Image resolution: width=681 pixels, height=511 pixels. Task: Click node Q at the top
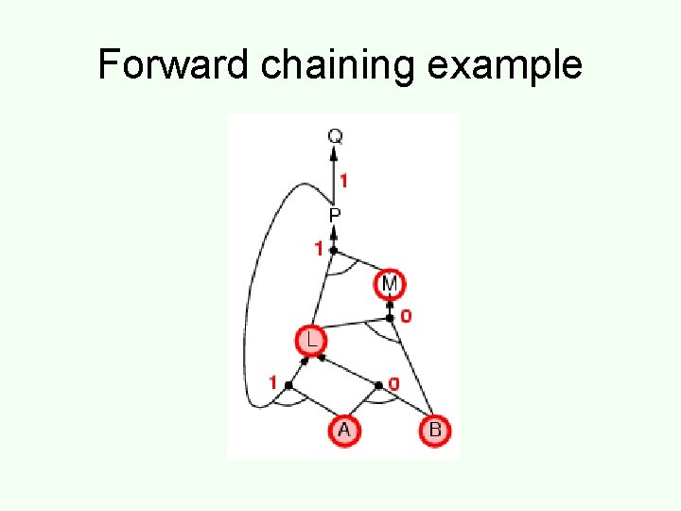[335, 136]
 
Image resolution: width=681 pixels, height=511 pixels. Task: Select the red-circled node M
[390, 283]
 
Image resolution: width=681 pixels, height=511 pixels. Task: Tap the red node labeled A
[343, 431]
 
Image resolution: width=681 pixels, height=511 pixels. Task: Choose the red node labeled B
[434, 431]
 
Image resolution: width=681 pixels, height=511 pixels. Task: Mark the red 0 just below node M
[406, 316]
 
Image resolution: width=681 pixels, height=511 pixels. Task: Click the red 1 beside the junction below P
[320, 249]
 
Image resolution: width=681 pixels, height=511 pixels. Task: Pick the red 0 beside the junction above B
[393, 383]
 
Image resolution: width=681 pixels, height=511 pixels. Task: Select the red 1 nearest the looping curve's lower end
[273, 383]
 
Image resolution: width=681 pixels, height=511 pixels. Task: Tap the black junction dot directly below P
[334, 250]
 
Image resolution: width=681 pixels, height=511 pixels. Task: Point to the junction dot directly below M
[390, 318]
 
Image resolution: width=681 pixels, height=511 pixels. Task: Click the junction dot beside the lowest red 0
[379, 385]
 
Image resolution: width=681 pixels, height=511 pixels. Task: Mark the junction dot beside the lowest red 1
[288, 385]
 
